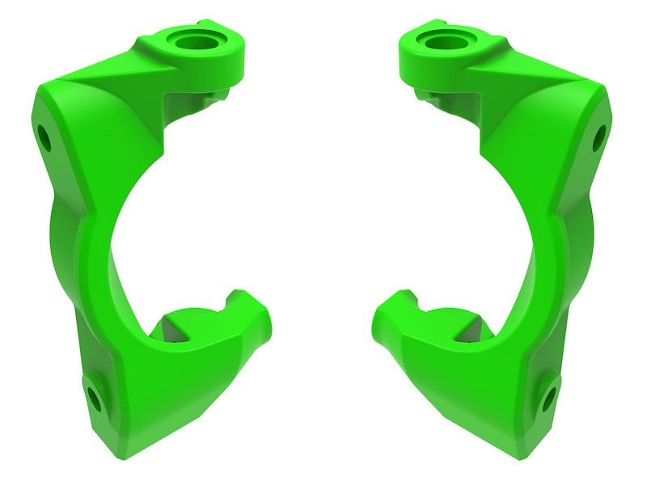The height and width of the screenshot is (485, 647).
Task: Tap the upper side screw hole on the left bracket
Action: point(44,140)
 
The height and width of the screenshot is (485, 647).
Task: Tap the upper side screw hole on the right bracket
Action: point(598,139)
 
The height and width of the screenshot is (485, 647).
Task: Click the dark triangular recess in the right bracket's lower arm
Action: point(477,327)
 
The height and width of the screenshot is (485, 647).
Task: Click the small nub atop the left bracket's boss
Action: point(207,23)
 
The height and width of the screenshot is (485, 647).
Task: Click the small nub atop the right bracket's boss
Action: point(437,23)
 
